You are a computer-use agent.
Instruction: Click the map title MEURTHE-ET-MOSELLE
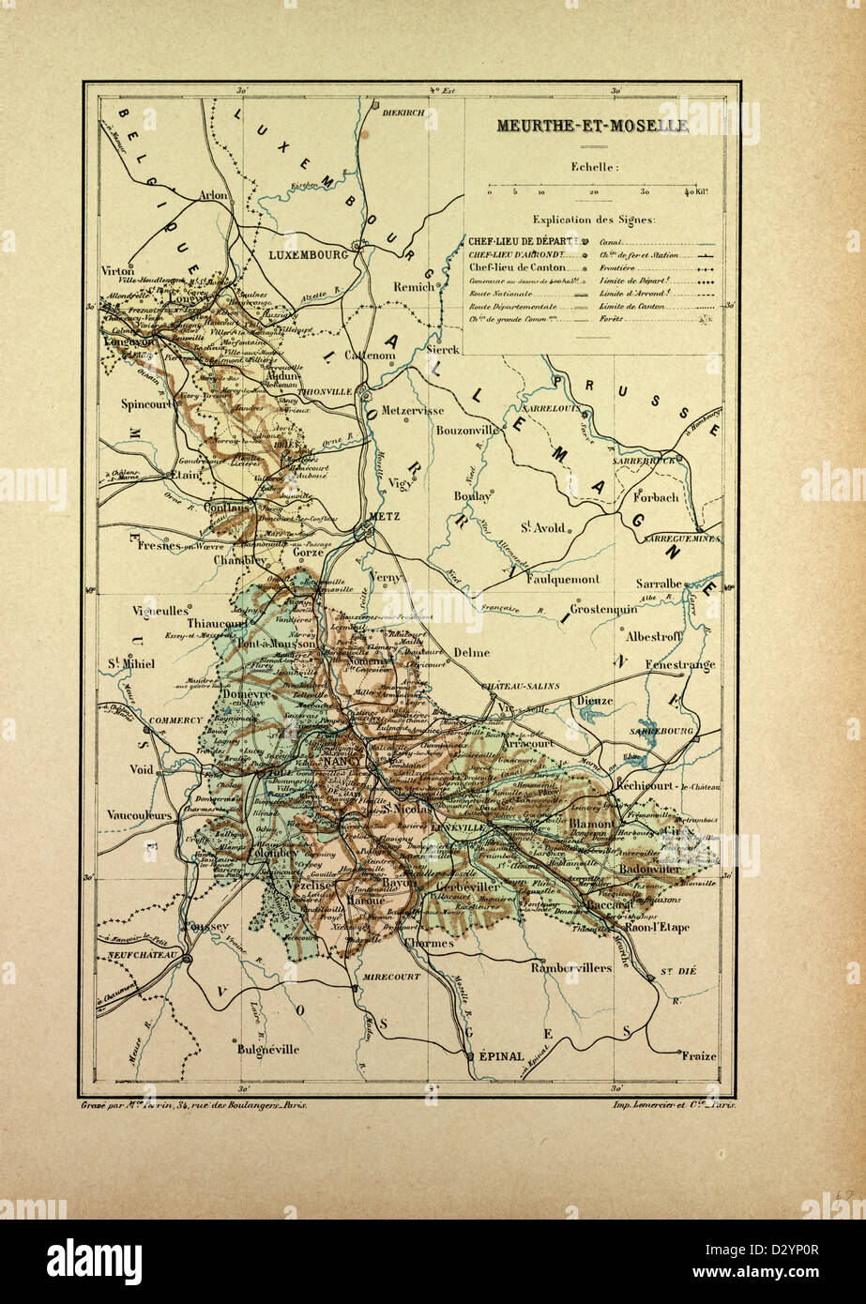[x=592, y=126]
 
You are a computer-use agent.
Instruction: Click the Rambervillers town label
[x=570, y=967]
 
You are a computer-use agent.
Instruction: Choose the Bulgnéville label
[x=268, y=1050]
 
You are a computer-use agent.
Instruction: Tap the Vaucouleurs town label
[x=140, y=814]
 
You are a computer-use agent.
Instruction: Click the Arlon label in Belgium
[x=214, y=196]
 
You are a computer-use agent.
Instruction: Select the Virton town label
[x=118, y=269]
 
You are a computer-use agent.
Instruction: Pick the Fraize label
[x=699, y=1055]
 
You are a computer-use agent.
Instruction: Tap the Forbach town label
[x=656, y=497]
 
